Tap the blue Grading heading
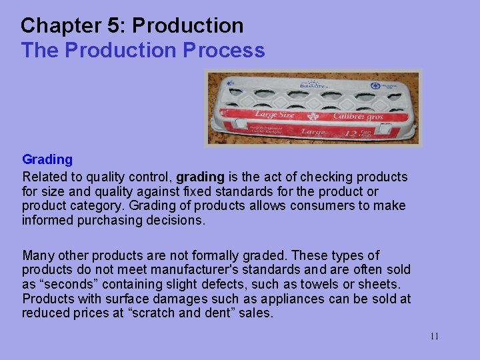click(47, 159)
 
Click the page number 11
click(434, 336)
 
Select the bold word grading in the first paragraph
click(201, 177)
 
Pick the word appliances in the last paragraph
click(289, 299)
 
